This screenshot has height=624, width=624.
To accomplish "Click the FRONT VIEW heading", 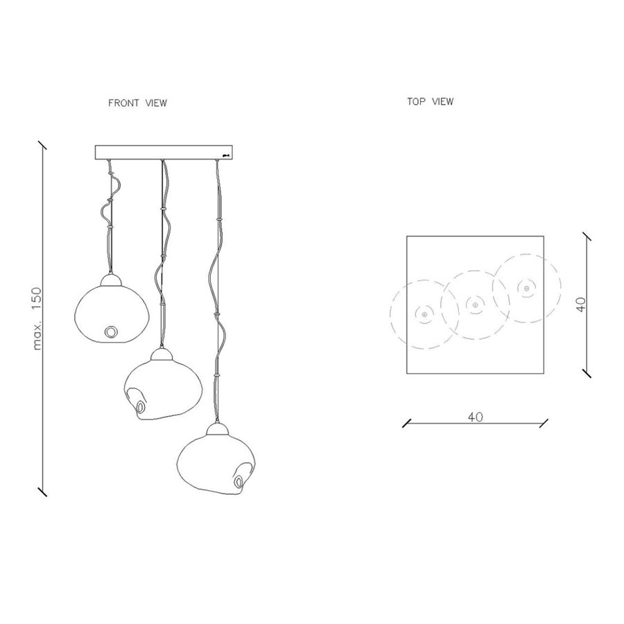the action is coord(138,103).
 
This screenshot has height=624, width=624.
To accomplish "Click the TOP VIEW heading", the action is coord(430,101).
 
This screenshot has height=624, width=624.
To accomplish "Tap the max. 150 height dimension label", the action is coord(37,319).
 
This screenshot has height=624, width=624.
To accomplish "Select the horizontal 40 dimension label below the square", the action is coord(475,417).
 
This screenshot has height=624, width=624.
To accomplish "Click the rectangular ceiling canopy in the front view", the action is coord(164,152).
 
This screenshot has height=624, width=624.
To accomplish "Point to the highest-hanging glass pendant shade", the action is coord(112,314).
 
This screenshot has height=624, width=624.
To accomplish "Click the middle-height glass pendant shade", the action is coord(163,390).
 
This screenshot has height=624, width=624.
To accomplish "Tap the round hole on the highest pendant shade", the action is coord(111,331).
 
